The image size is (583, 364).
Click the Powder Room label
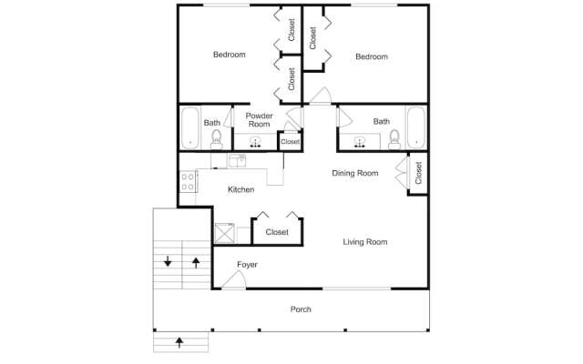click(x=259, y=121)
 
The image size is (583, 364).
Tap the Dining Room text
click(x=354, y=173)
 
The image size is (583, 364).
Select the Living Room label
click(x=365, y=242)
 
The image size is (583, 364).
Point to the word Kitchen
click(x=240, y=189)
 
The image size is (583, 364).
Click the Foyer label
click(x=247, y=265)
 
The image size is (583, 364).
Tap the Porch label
click(x=301, y=309)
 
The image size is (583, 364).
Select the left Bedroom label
click(x=229, y=55)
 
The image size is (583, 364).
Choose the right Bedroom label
click(x=371, y=56)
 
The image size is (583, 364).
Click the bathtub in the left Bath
click(x=189, y=127)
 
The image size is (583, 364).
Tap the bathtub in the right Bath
click(x=415, y=127)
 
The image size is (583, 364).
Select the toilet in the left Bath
click(x=217, y=138)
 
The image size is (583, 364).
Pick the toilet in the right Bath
click(x=394, y=138)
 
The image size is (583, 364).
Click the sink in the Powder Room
click(x=255, y=141)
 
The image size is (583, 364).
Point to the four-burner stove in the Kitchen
click(x=188, y=180)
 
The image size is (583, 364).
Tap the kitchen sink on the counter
click(x=237, y=161)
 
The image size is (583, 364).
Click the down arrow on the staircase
click(x=168, y=262)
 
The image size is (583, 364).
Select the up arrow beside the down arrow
click(x=195, y=262)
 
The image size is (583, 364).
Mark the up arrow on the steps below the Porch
click(x=179, y=342)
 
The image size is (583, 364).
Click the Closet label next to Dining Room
click(x=418, y=173)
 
